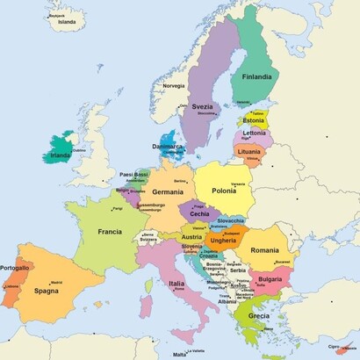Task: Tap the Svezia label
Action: (203, 106)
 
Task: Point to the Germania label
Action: (168, 191)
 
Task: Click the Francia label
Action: (110, 232)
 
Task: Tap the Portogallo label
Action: (15, 268)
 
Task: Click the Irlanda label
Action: (61, 155)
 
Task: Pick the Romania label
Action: (263, 250)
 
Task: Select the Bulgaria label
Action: (269, 279)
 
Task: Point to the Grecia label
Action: (258, 315)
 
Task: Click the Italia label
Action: (176, 284)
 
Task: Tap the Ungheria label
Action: (223, 240)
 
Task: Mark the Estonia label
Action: (253, 120)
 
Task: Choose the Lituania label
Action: (249, 151)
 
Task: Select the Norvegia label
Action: (174, 86)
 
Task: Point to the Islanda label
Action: (67, 24)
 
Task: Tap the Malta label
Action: (179, 354)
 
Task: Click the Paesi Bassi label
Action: (134, 174)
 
